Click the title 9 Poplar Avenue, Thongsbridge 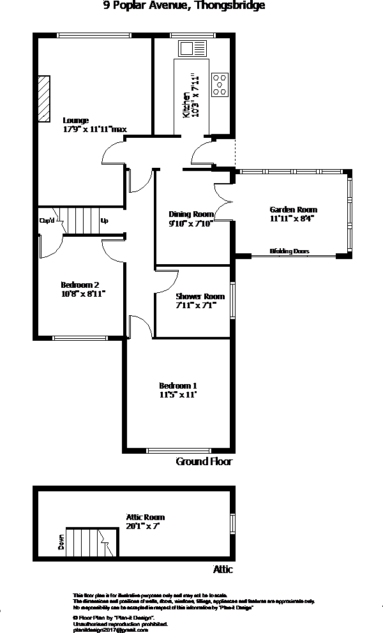click(x=184, y=6)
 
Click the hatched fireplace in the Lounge click(x=43, y=99)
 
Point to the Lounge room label click(x=75, y=120)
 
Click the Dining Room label click(x=190, y=214)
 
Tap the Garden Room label click(x=293, y=209)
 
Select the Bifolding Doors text click(x=289, y=251)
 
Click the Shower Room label click(x=200, y=296)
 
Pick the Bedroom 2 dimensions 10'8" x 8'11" click(x=82, y=294)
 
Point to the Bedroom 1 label click(x=177, y=385)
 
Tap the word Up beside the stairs click(x=104, y=221)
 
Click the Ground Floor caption click(x=204, y=461)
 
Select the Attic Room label click(x=145, y=517)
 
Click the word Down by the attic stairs click(x=62, y=542)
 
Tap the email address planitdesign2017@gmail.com click(x=111, y=629)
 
